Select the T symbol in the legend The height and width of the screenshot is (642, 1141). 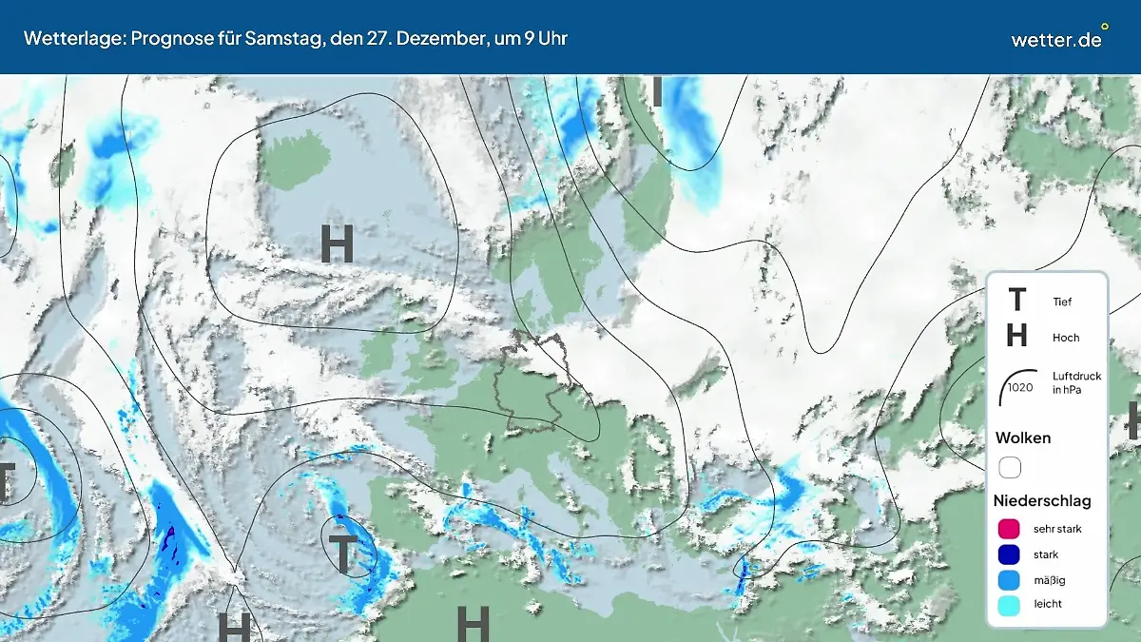pos(1016,301)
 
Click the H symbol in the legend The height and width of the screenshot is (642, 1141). pos(1016,336)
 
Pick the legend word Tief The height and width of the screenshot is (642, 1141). pos(1062,302)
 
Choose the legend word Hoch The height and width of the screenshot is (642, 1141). pos(1066,338)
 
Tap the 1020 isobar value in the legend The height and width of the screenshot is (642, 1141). pos(1020,387)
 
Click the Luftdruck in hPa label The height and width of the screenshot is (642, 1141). pos(1076,383)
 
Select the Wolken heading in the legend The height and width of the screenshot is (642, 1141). pos(1023,438)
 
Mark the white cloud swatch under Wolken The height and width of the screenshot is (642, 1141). pos(1010,468)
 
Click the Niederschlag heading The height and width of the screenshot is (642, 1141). pos(1042,500)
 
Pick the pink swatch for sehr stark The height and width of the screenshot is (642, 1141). pos(1010,529)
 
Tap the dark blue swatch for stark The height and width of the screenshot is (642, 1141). pos(1010,554)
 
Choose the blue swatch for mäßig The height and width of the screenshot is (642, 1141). pos(1010,579)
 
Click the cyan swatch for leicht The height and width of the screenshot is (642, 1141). pos(1010,604)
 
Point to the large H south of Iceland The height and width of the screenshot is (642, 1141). pos(338,244)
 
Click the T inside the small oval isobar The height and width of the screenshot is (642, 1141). pos(341,553)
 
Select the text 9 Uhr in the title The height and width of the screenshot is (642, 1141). pos(546,39)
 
